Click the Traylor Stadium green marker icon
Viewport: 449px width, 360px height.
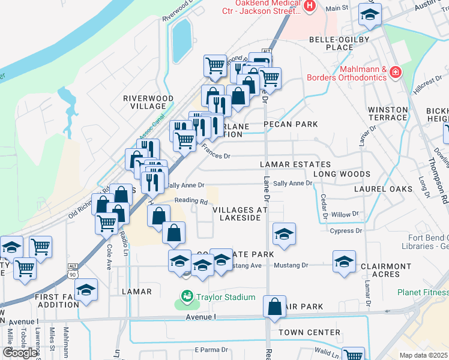click(x=187, y=297)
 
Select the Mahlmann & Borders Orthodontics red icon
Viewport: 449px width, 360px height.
click(x=395, y=73)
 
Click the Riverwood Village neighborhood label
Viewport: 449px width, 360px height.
click(x=148, y=102)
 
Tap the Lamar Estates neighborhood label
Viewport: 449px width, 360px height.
click(x=295, y=164)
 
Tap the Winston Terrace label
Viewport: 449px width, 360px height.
click(x=388, y=113)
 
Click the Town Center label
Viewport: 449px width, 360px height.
click(x=310, y=332)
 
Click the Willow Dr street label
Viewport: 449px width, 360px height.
click(x=345, y=214)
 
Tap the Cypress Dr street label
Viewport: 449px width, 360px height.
click(x=346, y=230)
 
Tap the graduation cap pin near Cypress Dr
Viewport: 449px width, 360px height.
click(x=284, y=234)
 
